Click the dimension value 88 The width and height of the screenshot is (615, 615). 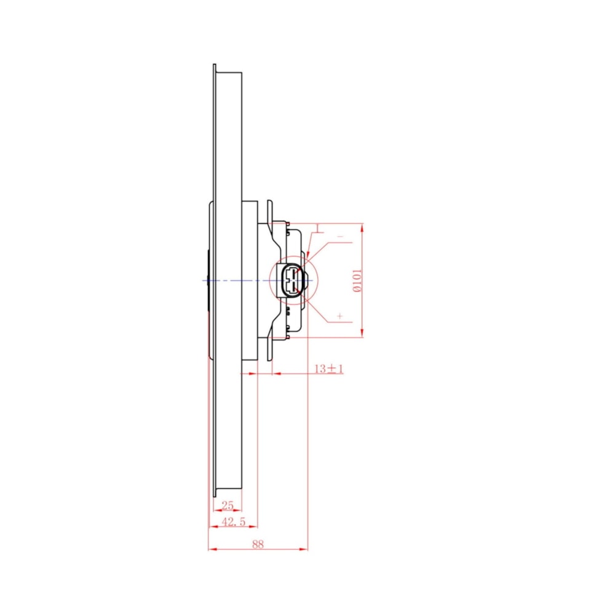click(258, 544)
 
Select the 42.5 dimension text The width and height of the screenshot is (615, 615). click(233, 522)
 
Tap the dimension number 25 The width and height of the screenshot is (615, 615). click(227, 505)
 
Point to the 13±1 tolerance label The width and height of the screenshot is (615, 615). click(328, 368)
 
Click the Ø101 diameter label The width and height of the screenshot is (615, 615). click(357, 280)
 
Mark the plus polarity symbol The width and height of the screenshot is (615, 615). click(339, 315)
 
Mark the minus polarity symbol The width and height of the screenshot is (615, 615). click(340, 237)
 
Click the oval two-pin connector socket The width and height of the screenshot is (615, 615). click(292, 280)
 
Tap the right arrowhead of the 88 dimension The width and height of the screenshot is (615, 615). click(304, 549)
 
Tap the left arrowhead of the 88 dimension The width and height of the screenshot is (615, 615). click(213, 549)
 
